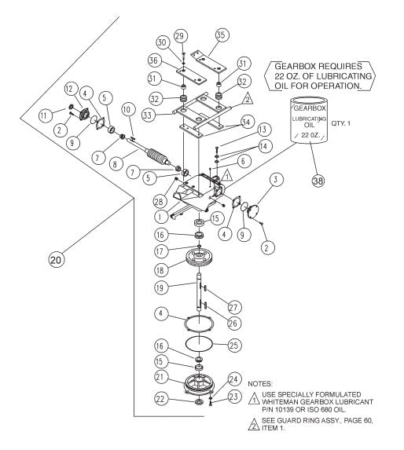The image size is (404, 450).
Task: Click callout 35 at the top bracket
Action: (x=219, y=35)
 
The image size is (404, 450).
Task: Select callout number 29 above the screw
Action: (x=182, y=37)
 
